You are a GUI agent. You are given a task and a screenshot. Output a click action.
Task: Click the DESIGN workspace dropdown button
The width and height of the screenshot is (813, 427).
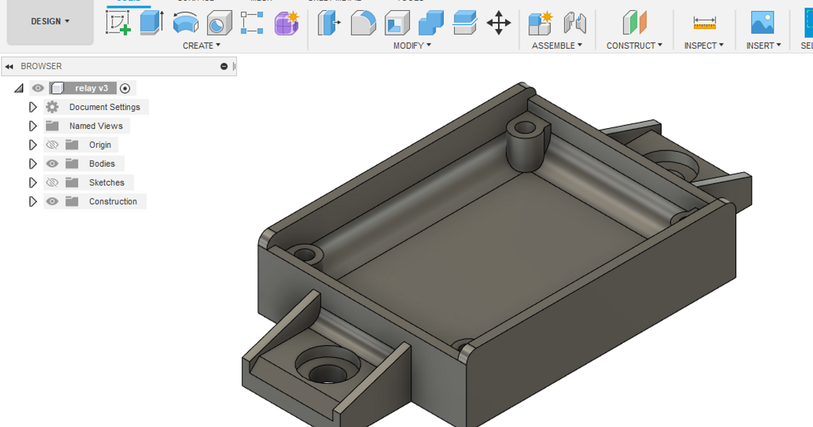click(50, 22)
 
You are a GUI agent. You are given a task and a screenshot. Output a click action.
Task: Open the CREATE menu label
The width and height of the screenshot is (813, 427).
click(201, 45)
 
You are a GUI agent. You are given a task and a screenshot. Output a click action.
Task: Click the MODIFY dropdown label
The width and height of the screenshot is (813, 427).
click(412, 45)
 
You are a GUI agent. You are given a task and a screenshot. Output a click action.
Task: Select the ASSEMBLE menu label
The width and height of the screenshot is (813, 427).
click(557, 45)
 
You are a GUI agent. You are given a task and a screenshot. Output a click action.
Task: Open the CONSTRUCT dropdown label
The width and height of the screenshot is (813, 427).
click(634, 45)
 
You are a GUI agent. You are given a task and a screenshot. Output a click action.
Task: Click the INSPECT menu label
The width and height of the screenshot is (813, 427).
click(704, 45)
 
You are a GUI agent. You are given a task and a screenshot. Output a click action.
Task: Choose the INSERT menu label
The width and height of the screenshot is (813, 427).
click(764, 45)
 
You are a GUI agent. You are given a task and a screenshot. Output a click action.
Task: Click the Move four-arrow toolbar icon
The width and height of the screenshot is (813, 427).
click(499, 23)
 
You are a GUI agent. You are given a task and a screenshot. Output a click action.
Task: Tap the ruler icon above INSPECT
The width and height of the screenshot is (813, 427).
click(705, 23)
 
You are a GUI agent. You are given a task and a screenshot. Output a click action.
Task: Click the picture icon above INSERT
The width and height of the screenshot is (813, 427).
click(762, 23)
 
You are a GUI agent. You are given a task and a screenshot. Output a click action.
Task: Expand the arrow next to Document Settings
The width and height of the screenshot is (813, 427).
click(33, 107)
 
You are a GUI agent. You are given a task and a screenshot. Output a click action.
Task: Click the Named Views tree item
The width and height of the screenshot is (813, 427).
click(96, 126)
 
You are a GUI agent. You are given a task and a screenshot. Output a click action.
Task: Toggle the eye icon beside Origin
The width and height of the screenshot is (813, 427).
click(52, 145)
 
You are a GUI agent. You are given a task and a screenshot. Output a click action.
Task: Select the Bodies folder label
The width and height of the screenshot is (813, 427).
click(102, 164)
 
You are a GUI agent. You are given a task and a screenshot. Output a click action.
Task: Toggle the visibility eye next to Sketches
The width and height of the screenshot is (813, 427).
click(52, 183)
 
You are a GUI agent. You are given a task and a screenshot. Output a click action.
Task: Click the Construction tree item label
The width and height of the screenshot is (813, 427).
click(112, 202)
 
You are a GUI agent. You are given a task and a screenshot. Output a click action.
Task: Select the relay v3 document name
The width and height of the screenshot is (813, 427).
click(91, 88)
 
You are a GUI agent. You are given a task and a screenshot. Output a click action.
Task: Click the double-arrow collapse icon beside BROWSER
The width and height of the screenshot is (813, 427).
click(9, 66)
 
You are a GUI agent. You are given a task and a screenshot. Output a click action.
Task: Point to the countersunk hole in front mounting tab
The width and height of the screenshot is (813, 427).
click(327, 369)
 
